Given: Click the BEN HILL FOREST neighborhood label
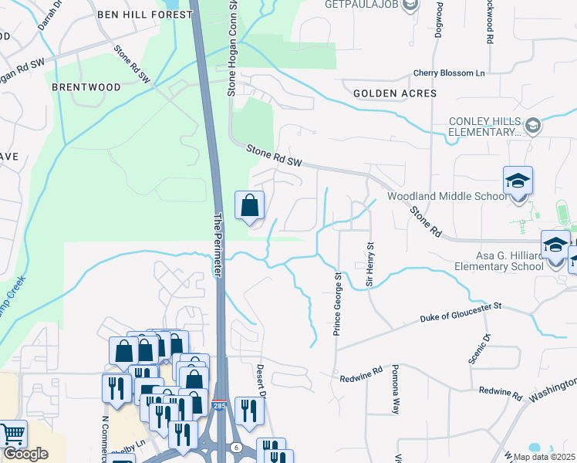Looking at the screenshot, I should [144, 15].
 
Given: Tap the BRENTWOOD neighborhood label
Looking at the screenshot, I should [86, 87].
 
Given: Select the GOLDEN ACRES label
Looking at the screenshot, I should [395, 93].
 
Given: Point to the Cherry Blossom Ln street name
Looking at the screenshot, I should [449, 73].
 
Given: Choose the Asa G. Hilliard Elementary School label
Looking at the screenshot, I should [488, 261].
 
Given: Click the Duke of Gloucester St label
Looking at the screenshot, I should [461, 313].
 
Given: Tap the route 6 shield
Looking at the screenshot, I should [235, 447].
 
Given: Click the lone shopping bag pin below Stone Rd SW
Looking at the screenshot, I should [249, 207].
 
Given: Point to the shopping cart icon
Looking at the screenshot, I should [12, 434].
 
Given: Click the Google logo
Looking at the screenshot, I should [25, 454].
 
